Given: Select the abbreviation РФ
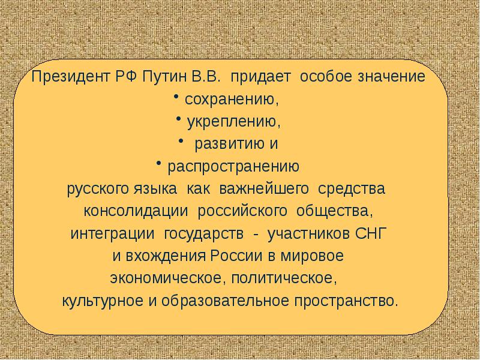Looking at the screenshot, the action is tap(126, 77).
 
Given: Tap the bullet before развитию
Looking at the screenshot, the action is tap(181, 141).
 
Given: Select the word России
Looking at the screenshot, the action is tap(236, 256).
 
